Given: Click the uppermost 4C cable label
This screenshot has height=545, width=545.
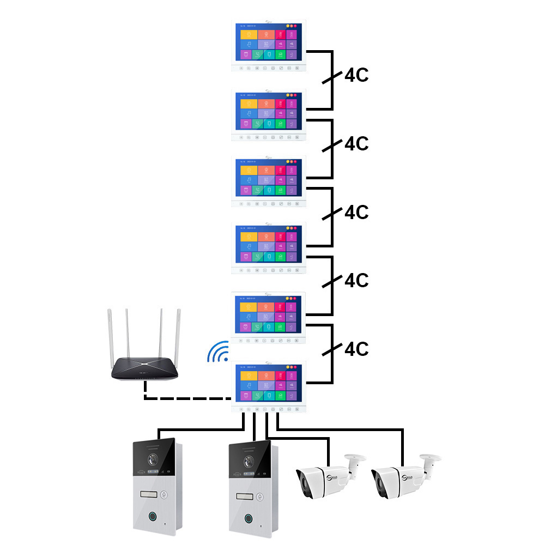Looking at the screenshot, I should point(356,76).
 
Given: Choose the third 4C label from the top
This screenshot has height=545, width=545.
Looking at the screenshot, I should point(356,212).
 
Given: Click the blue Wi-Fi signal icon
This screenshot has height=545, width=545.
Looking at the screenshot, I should point(217,353).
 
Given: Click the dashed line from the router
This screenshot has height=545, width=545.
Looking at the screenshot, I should point(185,398).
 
